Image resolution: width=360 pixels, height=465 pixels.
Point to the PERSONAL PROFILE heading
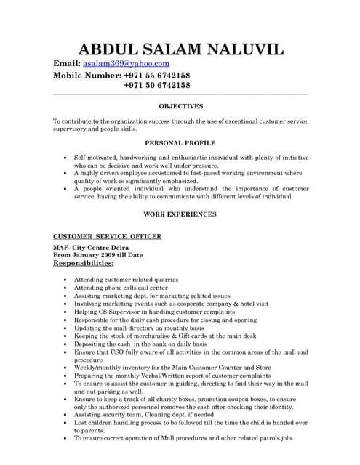[x=180, y=143]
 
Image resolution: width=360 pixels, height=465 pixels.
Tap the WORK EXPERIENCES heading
[x=180, y=214]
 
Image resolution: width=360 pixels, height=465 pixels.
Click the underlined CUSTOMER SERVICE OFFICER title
[x=108, y=236]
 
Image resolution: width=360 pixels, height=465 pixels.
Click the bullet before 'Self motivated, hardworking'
[x=66, y=156]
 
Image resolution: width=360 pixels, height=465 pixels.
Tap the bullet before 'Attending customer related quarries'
[x=66, y=279]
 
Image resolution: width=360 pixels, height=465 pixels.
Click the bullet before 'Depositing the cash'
[x=66, y=344]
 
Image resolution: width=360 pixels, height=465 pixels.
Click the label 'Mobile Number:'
[x=85, y=75]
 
